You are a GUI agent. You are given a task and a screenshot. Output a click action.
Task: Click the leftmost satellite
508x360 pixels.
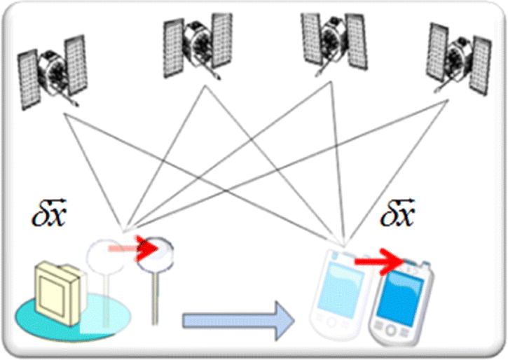pos(52,73)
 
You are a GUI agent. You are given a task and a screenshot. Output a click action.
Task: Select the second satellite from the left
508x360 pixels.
pos(198,46)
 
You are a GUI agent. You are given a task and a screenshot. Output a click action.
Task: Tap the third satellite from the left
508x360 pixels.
pos(335,43)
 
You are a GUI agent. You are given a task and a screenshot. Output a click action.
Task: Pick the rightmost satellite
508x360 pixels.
pos(459,58)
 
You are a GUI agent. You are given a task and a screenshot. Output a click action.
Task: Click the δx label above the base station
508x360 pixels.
pos(49,213)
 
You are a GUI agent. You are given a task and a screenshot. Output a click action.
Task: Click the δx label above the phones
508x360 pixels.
pos(397,213)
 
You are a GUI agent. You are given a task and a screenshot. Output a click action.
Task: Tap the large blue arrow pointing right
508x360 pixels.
pos(238,321)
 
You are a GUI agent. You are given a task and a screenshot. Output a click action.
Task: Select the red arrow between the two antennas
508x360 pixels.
pos(133,249)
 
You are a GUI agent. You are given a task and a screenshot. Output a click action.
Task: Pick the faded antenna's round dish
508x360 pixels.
pos(104,256)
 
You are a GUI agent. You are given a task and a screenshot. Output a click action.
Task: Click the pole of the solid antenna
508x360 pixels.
pos(155,298)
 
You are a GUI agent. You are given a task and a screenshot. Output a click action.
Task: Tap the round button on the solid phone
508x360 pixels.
pos(391,330)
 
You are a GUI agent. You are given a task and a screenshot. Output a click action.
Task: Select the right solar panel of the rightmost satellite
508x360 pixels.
pos(480,66)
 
